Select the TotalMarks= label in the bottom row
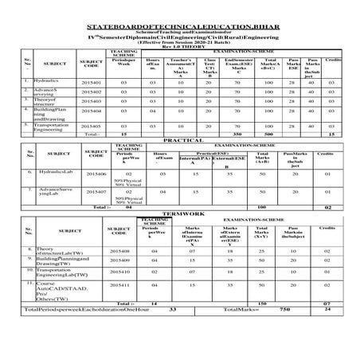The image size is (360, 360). coord(241,331)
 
